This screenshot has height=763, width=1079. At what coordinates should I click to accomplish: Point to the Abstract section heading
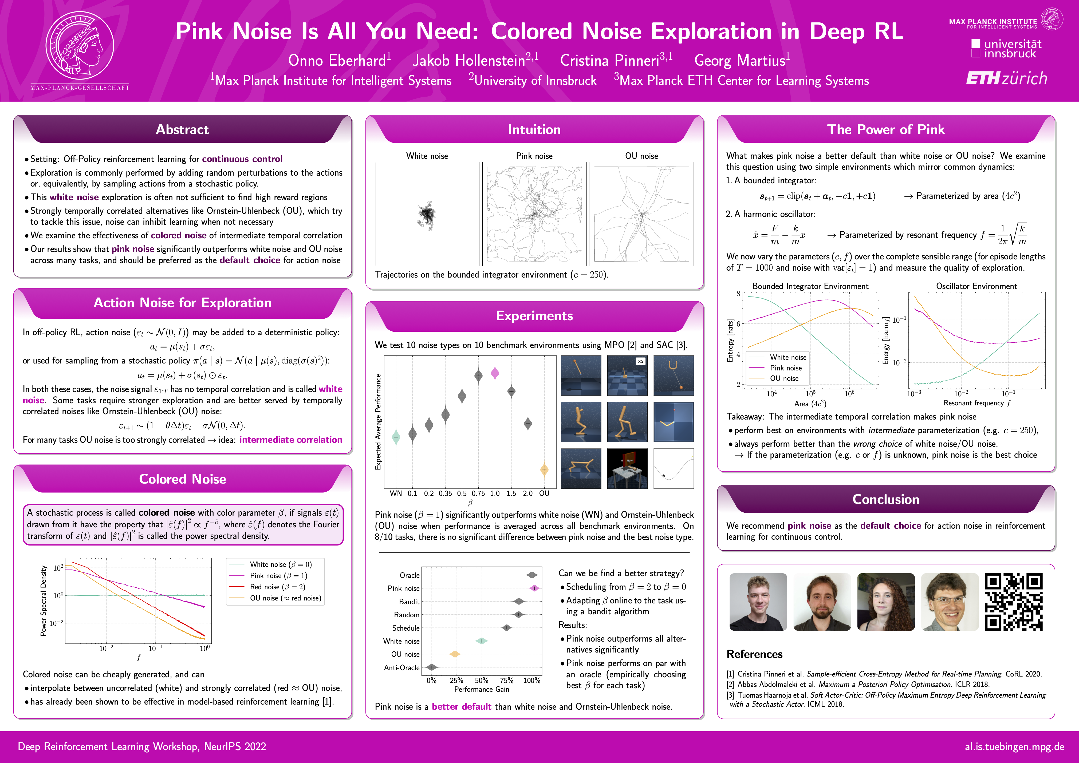182,130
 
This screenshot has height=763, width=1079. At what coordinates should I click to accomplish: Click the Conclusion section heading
885,499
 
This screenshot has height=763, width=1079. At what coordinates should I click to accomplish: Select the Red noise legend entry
277,587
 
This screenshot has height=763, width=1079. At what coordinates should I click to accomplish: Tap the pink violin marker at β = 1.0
495,373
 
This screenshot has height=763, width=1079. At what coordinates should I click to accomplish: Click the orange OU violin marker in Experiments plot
544,469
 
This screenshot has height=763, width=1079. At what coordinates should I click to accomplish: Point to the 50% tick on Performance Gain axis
481,680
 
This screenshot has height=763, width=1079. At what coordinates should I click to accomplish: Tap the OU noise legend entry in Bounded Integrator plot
783,378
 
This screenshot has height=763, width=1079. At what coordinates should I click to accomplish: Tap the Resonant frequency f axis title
976,403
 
